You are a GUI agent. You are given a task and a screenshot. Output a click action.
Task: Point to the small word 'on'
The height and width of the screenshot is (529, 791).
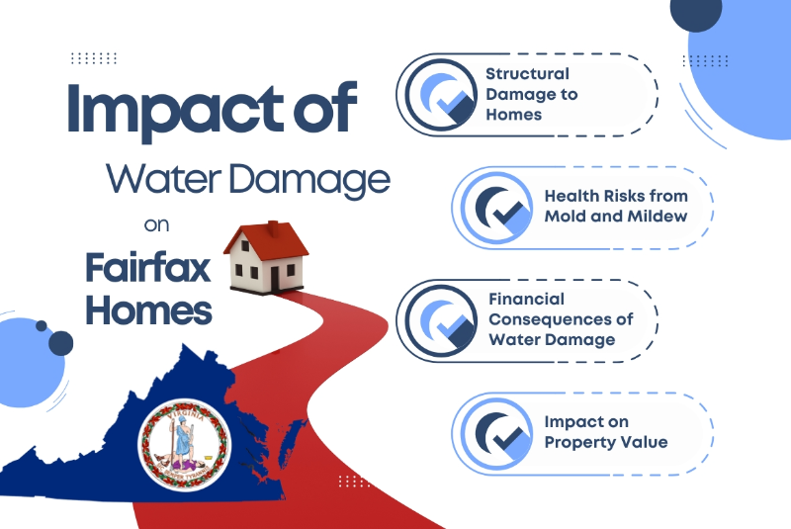point(157,225)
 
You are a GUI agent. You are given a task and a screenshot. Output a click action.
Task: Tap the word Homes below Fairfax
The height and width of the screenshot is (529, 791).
point(148,309)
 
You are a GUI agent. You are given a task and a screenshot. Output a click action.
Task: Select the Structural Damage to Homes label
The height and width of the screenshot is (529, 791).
point(526,94)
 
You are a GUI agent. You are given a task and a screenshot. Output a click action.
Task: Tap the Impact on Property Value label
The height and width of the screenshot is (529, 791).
point(600,432)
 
